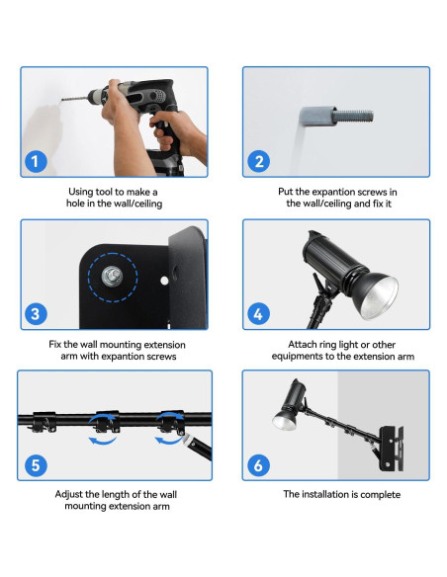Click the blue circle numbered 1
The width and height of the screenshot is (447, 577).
coord(36,161)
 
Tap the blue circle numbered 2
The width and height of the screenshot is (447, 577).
coord(258,161)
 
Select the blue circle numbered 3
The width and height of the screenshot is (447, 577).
coord(36,314)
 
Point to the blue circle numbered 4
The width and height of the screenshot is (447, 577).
coord(258,314)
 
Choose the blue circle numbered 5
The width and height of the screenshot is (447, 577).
coord(36,465)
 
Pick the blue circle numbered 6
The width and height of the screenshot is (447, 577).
coord(258,465)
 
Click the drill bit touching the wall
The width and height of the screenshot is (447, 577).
coord(74,99)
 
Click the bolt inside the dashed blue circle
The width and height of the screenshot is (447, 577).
coord(113,276)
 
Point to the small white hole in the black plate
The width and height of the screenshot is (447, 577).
coord(164,281)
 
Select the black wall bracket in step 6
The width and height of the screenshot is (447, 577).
coord(391,449)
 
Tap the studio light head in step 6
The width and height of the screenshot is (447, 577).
coord(290,406)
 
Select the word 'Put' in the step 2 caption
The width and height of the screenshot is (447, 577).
coord(285,192)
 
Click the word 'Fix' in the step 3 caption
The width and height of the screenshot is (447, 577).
coord(55,345)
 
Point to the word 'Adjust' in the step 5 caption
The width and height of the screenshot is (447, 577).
coord(69,494)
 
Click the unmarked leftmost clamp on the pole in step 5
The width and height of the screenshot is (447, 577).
coord(44,422)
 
